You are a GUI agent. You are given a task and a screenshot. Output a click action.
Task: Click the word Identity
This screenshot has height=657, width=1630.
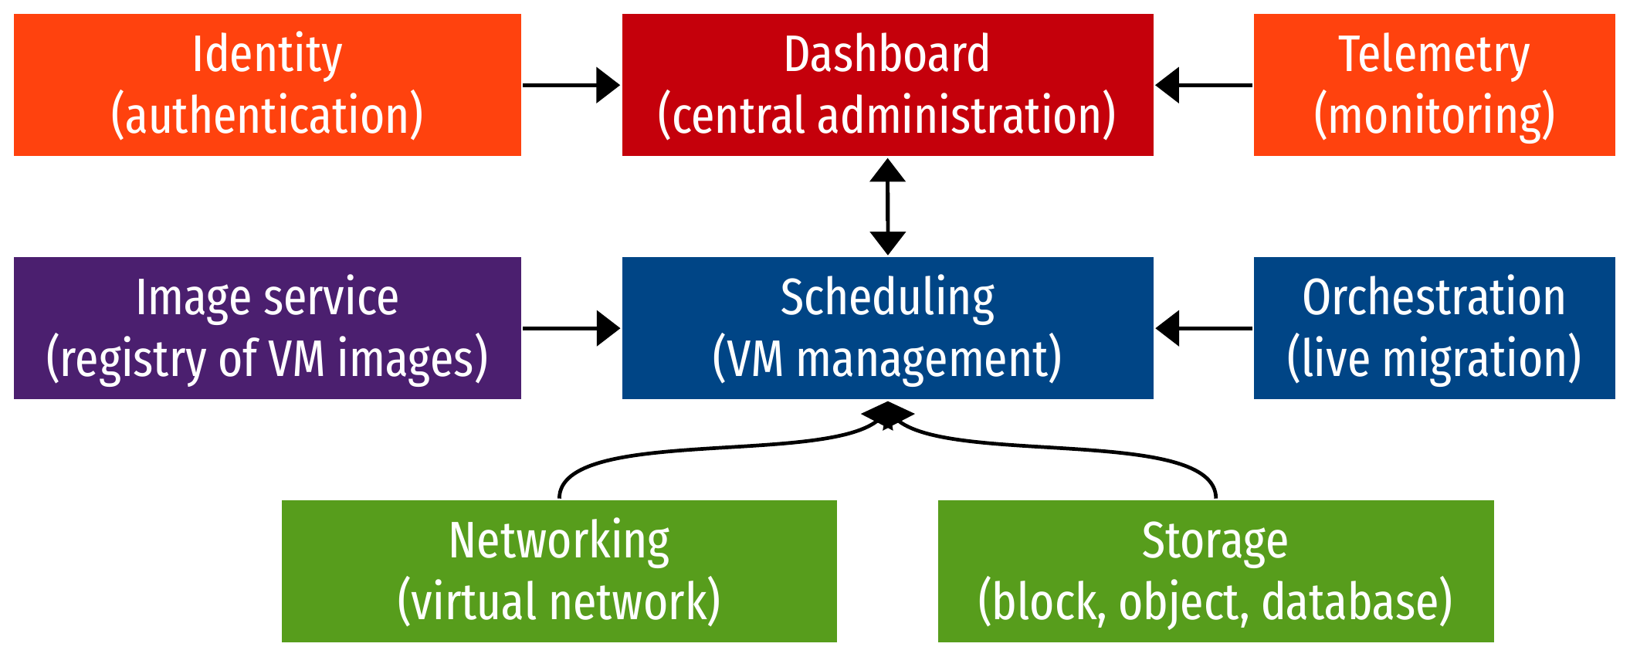266,55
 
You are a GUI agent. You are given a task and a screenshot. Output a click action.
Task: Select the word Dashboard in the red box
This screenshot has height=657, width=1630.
886,55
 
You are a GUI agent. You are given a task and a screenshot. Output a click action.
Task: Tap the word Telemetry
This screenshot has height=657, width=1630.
1433,55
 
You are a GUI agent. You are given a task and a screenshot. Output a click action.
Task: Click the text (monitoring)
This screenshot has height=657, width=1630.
1434,116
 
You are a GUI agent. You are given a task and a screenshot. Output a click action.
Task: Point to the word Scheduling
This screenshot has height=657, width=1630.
887,298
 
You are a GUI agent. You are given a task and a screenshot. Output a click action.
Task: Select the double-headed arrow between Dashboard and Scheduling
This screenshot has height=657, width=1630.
887,206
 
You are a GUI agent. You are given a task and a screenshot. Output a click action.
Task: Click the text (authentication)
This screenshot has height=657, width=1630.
266,116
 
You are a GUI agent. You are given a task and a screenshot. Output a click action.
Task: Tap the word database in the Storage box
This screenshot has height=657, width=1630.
1357,602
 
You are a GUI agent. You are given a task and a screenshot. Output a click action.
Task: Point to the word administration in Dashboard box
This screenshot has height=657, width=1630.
966,116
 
